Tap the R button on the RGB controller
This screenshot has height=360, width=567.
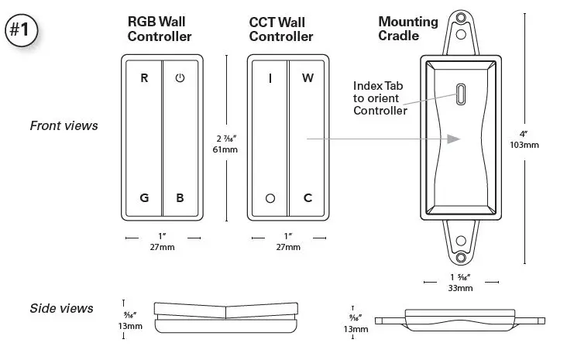144,78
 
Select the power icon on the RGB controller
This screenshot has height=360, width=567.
180,78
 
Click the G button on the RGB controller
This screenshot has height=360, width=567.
144,197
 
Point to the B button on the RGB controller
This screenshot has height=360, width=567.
180,197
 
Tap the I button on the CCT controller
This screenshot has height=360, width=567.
270,78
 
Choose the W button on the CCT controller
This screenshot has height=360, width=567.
308,78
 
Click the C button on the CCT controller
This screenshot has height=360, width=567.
308,197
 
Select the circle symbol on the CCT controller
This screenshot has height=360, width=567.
270,198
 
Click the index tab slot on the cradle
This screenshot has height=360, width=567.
461,94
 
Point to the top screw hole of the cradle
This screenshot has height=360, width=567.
461,35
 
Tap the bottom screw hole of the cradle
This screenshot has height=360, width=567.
461,256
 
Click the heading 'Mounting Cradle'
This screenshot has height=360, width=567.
407,29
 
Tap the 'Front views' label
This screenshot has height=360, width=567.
64,125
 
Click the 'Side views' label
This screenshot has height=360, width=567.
61,308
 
